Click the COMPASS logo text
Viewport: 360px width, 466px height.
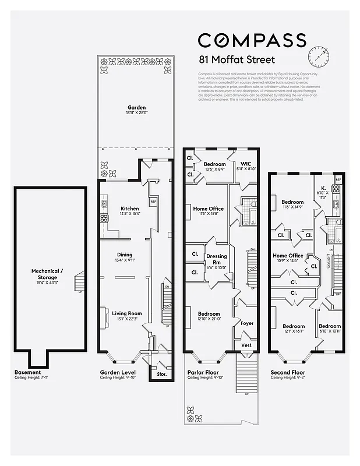point(252,40)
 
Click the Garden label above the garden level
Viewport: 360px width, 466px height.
point(137,107)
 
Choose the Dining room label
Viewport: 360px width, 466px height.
point(124,255)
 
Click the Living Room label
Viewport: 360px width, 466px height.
point(126,313)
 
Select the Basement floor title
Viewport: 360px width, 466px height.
point(27,372)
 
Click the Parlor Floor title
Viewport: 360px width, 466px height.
point(202,372)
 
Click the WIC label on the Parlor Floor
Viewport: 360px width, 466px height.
point(242,164)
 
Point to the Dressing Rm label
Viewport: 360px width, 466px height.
point(216,258)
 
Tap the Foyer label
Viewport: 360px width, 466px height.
point(247,322)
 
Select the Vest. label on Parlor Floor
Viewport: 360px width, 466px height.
point(246,345)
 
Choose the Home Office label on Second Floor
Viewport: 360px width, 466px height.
point(288,255)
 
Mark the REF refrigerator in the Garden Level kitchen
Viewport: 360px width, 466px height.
point(153,202)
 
